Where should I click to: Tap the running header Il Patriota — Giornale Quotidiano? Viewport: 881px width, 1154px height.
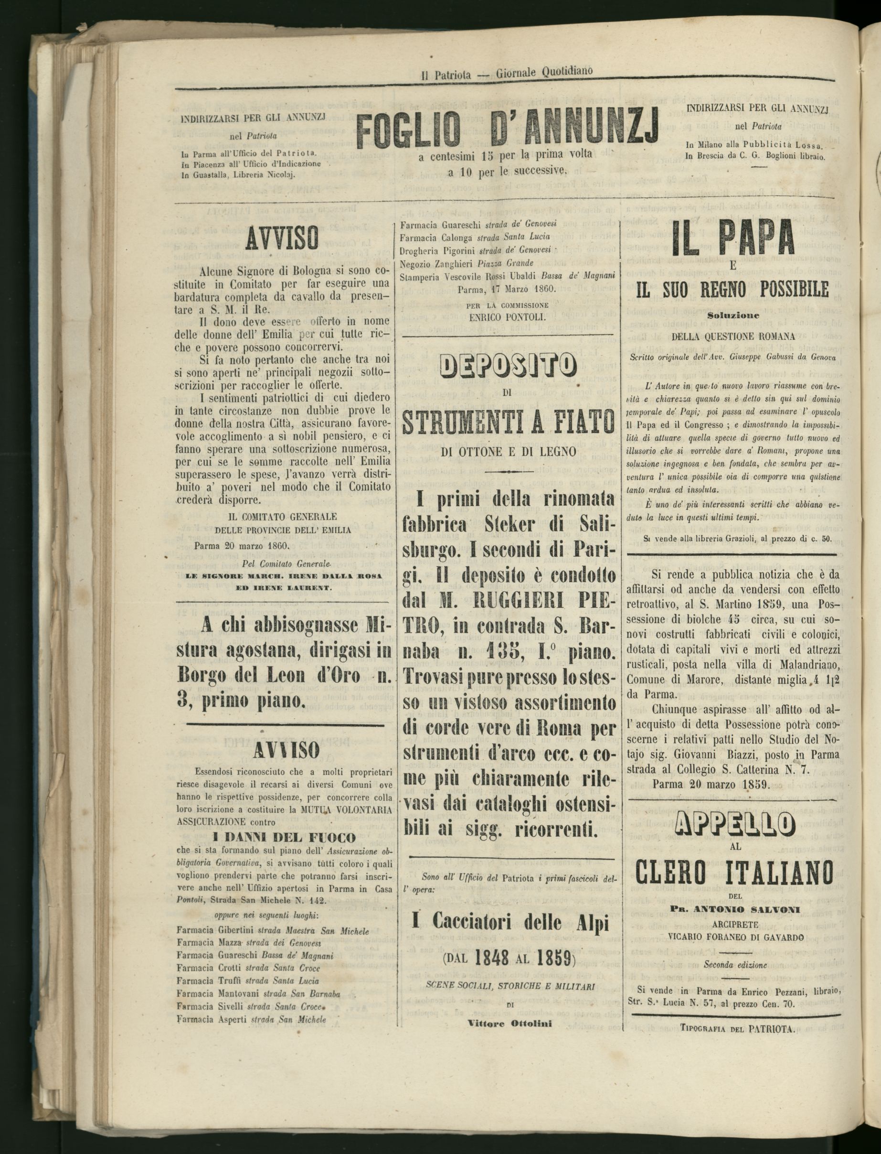pyautogui.click(x=507, y=73)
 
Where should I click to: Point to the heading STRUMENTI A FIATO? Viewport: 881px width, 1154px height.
pyautogui.click(x=508, y=422)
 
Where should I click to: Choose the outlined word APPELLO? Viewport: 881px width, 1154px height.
pyautogui.click(x=734, y=824)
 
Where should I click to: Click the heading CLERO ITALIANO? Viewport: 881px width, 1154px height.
pyautogui.click(x=734, y=873)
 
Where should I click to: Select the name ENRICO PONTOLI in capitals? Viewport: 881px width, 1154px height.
pyautogui.click(x=507, y=317)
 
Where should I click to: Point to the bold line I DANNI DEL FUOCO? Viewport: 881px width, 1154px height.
pyautogui.click(x=284, y=838)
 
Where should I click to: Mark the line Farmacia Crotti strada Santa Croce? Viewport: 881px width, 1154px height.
pyautogui.click(x=248, y=968)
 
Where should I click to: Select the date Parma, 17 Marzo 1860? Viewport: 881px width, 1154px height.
pyautogui.click(x=507, y=289)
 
